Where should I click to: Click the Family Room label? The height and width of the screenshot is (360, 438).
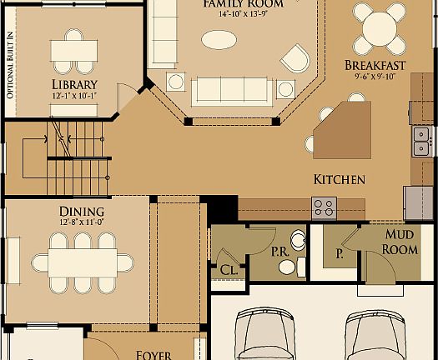pyautogui.click(x=243, y=4)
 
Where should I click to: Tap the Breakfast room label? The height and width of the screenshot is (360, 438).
pyautogui.click(x=375, y=65)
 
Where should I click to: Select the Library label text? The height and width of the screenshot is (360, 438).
pyautogui.click(x=75, y=84)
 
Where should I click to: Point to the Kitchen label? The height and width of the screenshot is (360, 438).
pyautogui.click(x=339, y=179)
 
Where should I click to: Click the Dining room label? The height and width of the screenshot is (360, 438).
pyautogui.click(x=82, y=212)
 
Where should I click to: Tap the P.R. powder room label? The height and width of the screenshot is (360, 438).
pyautogui.click(x=280, y=249)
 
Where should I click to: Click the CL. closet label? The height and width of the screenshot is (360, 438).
pyautogui.click(x=228, y=269)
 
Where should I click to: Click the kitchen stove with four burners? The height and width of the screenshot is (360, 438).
pyautogui.click(x=323, y=207)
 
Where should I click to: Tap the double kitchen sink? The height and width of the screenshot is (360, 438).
pyautogui.click(x=421, y=142)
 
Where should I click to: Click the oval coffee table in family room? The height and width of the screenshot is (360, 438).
pyautogui.click(x=219, y=39)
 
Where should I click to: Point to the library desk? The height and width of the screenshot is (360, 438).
pyautogui.click(x=73, y=49)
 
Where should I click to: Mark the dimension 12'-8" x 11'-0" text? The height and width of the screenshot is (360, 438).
pyautogui.click(x=82, y=222)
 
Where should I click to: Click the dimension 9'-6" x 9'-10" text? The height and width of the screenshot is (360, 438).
pyautogui.click(x=375, y=77)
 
